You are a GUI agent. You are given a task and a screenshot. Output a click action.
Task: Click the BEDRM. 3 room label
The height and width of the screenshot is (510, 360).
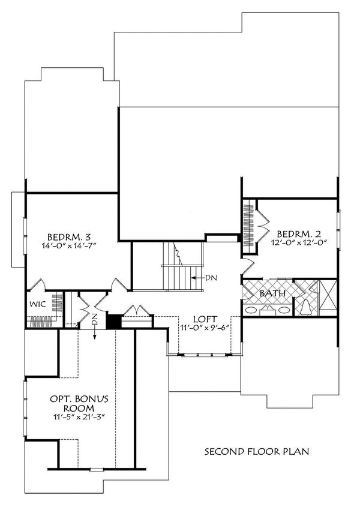[x=70, y=235]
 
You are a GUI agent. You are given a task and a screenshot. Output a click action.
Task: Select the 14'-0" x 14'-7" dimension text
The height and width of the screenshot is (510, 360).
[x=70, y=245]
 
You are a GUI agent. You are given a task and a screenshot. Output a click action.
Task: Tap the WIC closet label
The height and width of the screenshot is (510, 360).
[x=37, y=304]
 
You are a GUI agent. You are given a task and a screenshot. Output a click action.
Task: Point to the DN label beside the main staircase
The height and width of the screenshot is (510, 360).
[x=211, y=278]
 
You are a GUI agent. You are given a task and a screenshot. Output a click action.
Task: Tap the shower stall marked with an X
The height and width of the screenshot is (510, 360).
[x=328, y=298]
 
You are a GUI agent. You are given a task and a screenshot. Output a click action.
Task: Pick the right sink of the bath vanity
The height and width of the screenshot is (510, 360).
[x=281, y=310]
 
